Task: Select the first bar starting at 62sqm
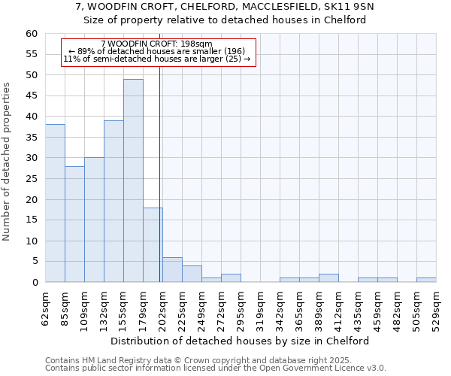click(55, 203)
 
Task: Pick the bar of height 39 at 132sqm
click(114, 202)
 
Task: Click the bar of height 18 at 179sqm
click(153, 245)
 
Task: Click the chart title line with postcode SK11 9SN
click(225, 7)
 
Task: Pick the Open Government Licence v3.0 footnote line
click(216, 368)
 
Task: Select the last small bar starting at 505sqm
click(426, 280)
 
